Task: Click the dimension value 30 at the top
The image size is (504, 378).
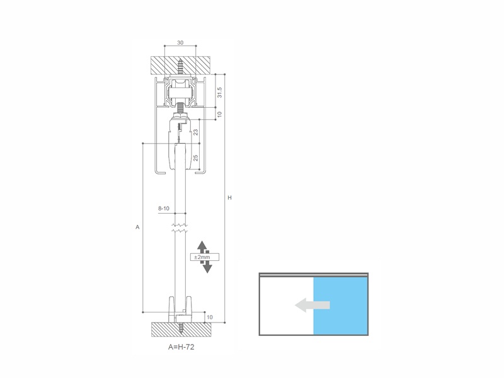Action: (180, 42)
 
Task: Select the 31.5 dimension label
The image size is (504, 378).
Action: (219, 92)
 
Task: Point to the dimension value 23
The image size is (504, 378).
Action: (195, 132)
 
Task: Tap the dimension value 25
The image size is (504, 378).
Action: (195, 157)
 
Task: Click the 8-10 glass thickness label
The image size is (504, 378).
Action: (164, 209)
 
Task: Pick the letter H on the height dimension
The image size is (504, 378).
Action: (229, 198)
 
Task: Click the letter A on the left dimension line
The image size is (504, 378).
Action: (137, 227)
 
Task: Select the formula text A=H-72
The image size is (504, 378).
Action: (181, 347)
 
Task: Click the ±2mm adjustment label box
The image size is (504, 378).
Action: (204, 257)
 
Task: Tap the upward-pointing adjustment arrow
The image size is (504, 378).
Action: (202, 247)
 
